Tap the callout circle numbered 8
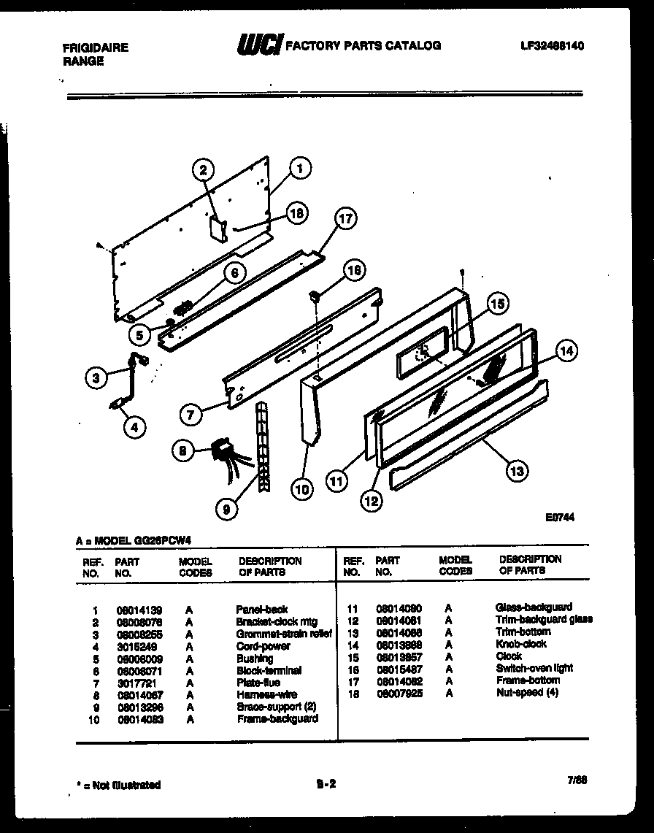[x=184, y=452]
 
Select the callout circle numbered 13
[x=517, y=471]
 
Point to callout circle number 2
[x=204, y=170]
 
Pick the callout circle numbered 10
[x=301, y=490]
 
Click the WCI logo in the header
[x=258, y=45]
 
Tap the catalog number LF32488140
[x=553, y=45]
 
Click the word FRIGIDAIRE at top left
[x=96, y=47]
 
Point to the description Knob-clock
[x=520, y=644]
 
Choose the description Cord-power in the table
[x=263, y=646]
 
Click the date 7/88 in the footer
[x=577, y=780]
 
